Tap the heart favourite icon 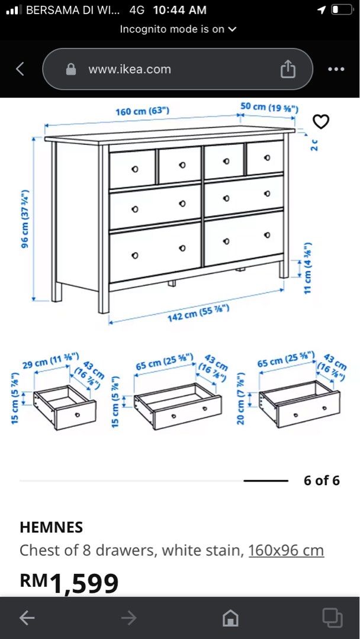coord(320,122)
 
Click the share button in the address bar coord(288,69)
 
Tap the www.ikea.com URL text coord(130,69)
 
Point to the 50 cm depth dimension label coord(269,107)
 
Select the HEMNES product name coord(51,527)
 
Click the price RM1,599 coord(69,583)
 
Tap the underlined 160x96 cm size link coord(285,550)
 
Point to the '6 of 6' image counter coord(322,480)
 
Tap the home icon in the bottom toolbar coord(230,618)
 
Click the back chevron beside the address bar coord(20,69)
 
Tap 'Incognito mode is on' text coord(178,28)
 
